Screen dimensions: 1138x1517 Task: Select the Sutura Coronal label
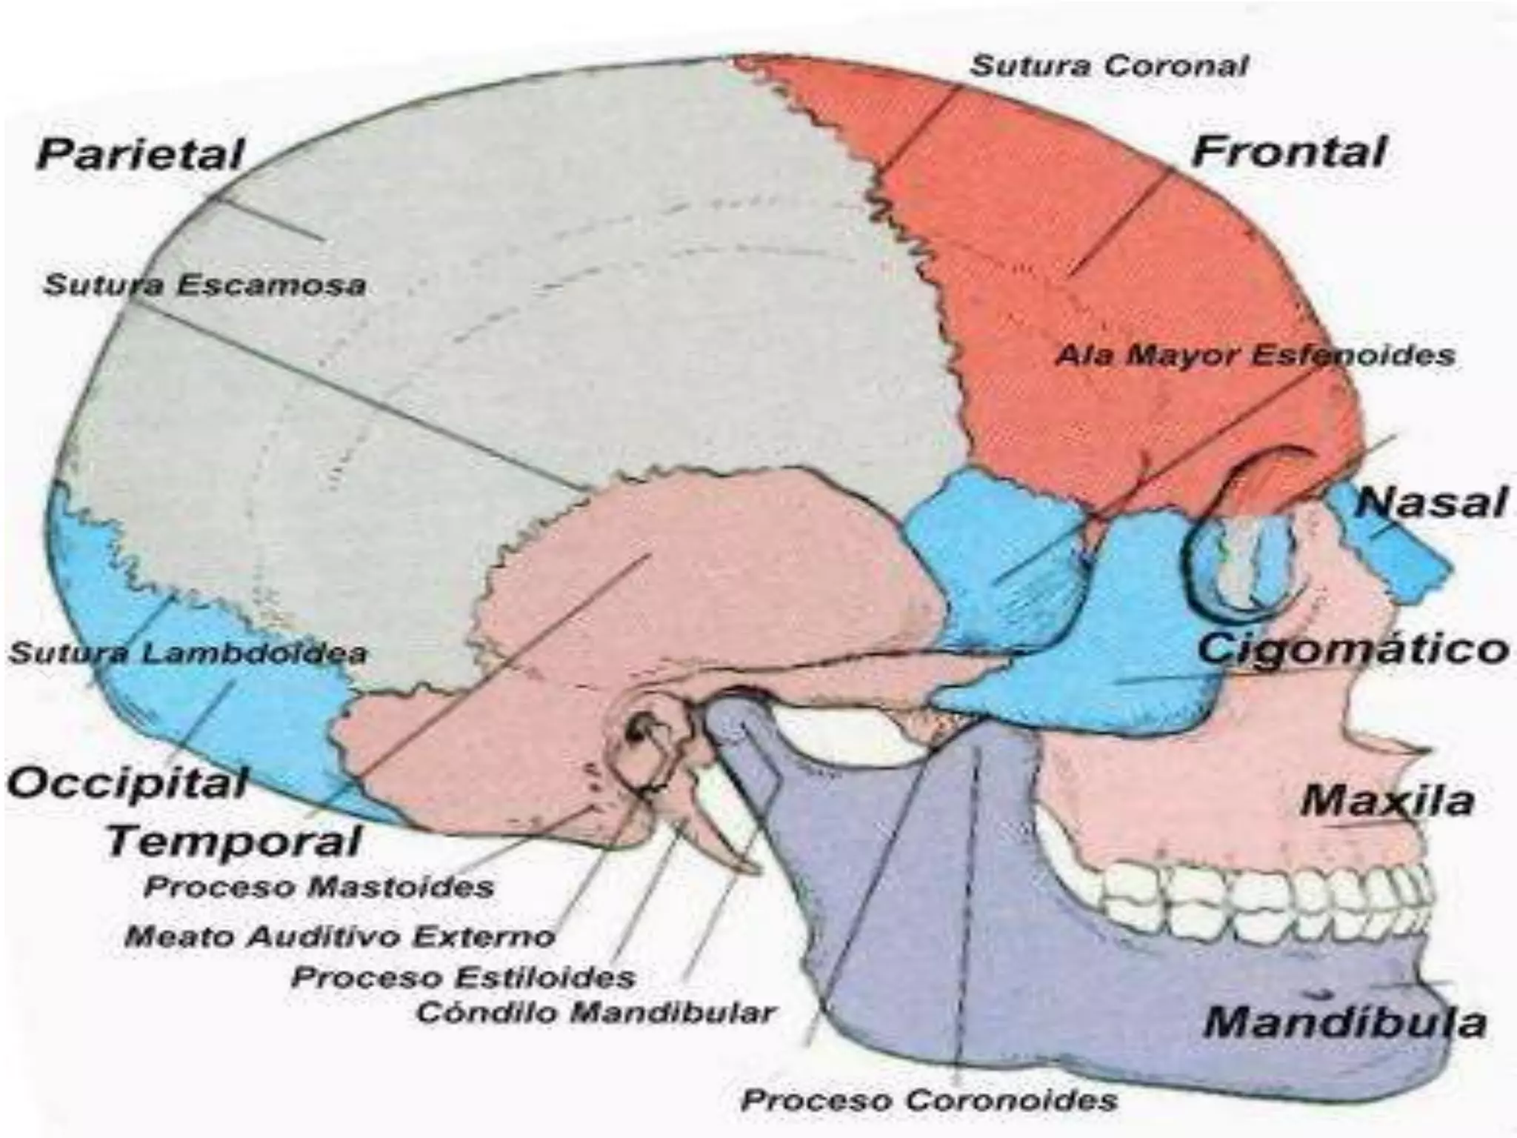pyautogui.click(x=1109, y=67)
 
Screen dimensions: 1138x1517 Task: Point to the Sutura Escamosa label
pyautogui.click(x=205, y=285)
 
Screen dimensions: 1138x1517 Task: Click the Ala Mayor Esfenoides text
pyautogui.click(x=1255, y=356)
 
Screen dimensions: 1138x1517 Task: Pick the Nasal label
pyautogui.click(x=1432, y=502)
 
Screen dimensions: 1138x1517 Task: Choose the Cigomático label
pyautogui.click(x=1353, y=650)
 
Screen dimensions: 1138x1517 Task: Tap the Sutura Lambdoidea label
pyautogui.click(x=187, y=653)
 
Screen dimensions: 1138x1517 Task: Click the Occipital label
pyautogui.click(x=127, y=784)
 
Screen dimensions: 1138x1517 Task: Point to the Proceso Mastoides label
pyautogui.click(x=319, y=887)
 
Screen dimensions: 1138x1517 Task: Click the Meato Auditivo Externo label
pyautogui.click(x=340, y=937)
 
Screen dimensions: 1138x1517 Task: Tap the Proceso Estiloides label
pyautogui.click(x=464, y=977)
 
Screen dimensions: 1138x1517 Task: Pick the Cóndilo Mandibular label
pyautogui.click(x=596, y=1013)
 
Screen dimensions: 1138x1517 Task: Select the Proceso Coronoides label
pyautogui.click(x=929, y=1100)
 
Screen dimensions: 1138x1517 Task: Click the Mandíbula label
pyautogui.click(x=1345, y=1022)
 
